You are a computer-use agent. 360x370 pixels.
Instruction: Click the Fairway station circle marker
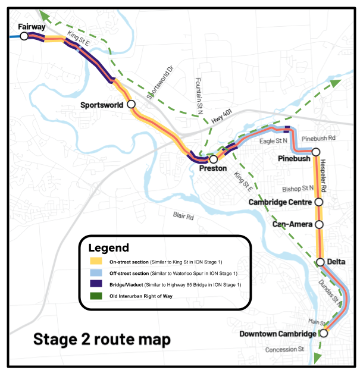[x=24, y=36]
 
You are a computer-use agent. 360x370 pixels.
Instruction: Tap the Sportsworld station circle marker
[x=131, y=104]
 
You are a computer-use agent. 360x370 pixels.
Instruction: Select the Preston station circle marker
[x=213, y=159]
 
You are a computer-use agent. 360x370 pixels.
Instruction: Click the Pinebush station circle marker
[x=316, y=152]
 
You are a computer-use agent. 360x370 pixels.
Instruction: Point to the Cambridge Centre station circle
[x=318, y=202]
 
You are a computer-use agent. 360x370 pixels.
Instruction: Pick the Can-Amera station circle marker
[x=319, y=225]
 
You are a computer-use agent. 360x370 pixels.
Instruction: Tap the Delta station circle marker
[x=321, y=262]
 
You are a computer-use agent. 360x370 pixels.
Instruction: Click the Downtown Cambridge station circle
[x=324, y=334]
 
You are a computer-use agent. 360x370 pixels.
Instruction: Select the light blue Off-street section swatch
[x=95, y=273]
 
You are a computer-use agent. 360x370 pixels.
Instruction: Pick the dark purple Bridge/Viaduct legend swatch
[x=95, y=284]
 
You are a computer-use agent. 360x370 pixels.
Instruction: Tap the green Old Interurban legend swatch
[x=95, y=296]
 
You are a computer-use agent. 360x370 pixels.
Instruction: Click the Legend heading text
[x=108, y=247]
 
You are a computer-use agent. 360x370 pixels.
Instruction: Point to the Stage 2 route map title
[x=101, y=340]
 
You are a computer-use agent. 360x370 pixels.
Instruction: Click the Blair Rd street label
[x=183, y=217]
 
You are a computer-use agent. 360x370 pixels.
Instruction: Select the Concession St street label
[x=284, y=349]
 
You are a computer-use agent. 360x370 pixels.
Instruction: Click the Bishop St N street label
[x=297, y=189]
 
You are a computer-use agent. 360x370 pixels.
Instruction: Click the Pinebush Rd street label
[x=318, y=139]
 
